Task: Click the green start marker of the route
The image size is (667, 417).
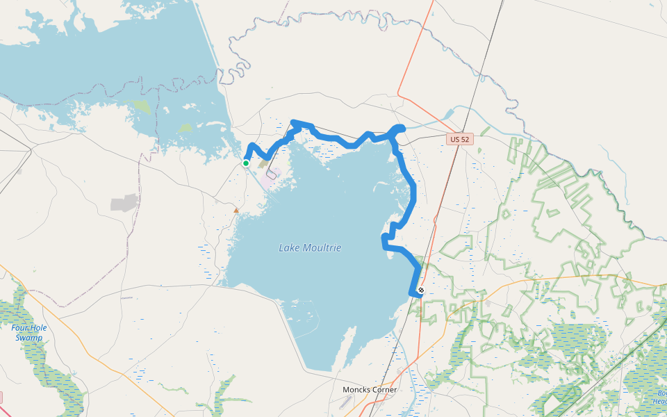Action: click(246, 163)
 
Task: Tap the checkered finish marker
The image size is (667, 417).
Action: click(421, 290)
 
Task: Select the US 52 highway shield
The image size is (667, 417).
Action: click(459, 139)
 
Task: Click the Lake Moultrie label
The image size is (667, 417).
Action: click(310, 247)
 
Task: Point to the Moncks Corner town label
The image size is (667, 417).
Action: click(370, 390)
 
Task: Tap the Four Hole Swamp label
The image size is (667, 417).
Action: click(28, 332)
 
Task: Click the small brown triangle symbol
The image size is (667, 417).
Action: click(236, 209)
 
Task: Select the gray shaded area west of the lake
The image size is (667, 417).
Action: click(124, 203)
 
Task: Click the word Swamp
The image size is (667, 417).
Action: click(29, 338)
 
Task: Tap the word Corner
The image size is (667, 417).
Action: click(384, 390)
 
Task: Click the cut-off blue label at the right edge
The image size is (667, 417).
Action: click(661, 397)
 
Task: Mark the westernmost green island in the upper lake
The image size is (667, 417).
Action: click(141, 106)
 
